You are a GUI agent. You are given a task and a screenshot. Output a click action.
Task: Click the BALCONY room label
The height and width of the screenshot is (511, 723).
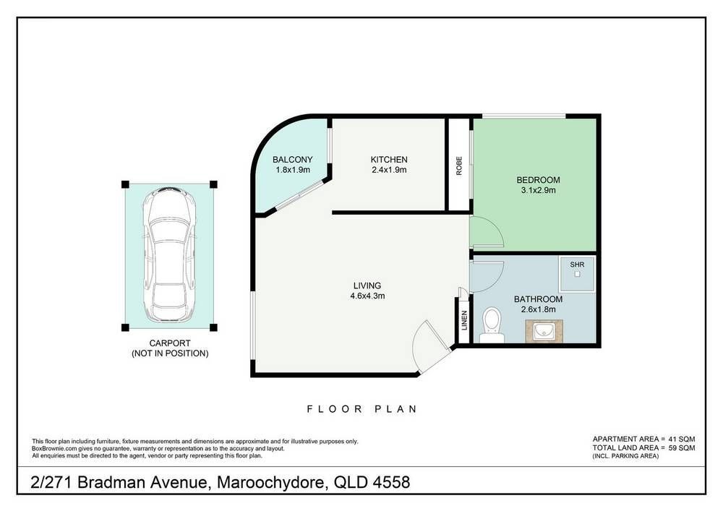(x=292, y=160)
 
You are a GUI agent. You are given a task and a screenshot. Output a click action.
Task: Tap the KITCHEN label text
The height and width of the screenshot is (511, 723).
(x=389, y=160)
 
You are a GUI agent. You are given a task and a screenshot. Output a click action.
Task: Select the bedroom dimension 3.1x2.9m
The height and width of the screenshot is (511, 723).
(x=538, y=190)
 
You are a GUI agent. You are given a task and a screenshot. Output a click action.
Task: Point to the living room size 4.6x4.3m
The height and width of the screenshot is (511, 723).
(x=367, y=296)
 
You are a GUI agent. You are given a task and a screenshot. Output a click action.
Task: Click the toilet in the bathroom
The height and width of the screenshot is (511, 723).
(x=492, y=325)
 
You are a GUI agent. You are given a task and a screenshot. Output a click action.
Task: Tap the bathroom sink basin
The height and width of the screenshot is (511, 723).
(x=544, y=331)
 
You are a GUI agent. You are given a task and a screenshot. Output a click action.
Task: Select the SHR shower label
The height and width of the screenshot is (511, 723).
(x=577, y=265)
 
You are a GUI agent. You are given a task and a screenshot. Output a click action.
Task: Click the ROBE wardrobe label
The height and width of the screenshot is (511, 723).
(x=459, y=166)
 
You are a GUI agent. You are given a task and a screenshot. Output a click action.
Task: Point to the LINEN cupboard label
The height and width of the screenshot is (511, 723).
(x=464, y=320)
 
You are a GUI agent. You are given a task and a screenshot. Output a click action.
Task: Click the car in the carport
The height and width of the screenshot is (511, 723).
(x=169, y=256)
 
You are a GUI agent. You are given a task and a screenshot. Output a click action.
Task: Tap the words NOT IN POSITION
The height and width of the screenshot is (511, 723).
(x=170, y=353)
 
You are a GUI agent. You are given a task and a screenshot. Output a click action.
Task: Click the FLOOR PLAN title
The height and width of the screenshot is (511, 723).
(x=362, y=408)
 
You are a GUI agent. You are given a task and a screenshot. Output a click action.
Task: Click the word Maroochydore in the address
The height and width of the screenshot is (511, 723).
(x=272, y=482)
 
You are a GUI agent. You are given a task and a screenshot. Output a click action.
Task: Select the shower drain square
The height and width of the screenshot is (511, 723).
(x=577, y=274)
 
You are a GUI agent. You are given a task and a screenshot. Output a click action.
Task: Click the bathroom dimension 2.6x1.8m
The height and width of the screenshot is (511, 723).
(x=538, y=309)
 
